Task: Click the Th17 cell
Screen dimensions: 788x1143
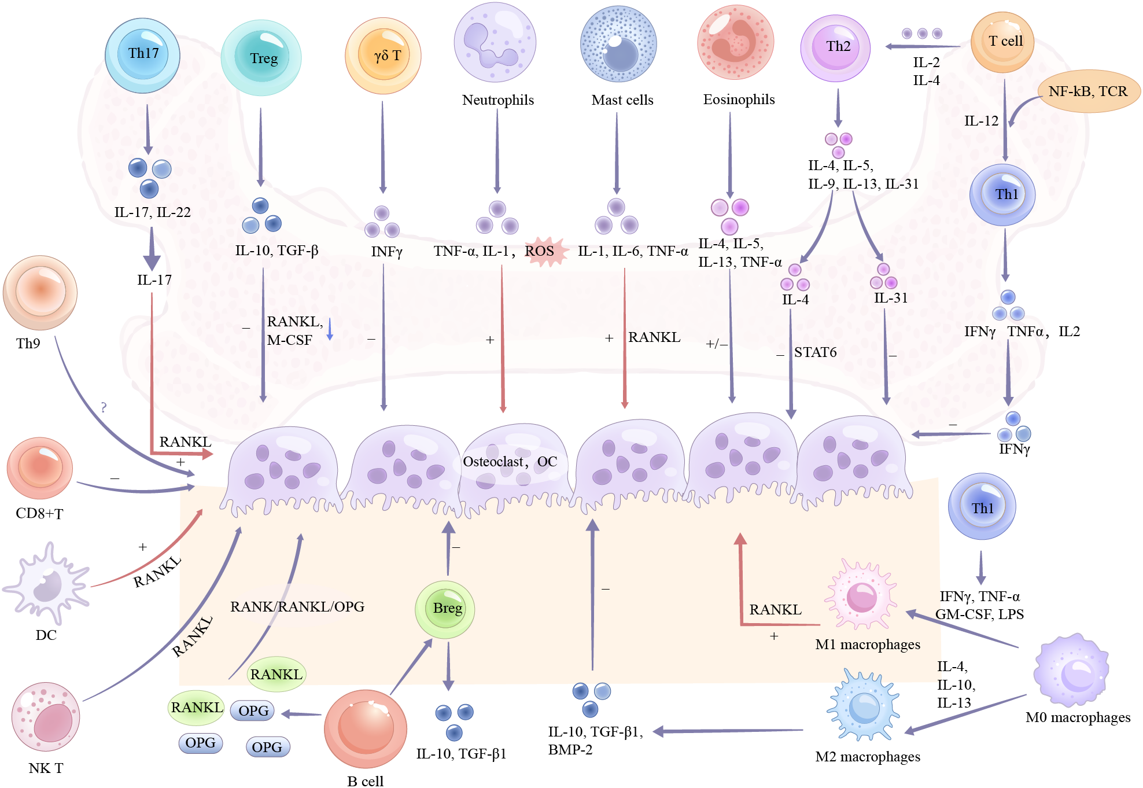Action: coord(142,55)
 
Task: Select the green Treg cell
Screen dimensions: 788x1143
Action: coord(261,58)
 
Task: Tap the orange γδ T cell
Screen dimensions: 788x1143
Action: coord(383,56)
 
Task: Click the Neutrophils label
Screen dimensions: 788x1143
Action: coord(497,100)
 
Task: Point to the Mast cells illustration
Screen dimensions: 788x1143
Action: coord(618,45)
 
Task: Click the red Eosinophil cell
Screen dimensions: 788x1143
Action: coord(735,42)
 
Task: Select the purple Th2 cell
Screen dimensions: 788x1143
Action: coord(835,48)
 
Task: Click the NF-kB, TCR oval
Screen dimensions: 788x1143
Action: coord(1088,91)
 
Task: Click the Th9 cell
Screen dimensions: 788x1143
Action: coord(40,292)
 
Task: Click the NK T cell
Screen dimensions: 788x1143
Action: coord(46,716)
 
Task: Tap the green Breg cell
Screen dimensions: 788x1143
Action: coord(445,609)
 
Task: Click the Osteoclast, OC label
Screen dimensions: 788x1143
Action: coord(510,462)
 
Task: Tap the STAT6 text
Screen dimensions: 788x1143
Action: coord(815,352)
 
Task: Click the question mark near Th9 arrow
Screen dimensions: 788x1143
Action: coord(104,407)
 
